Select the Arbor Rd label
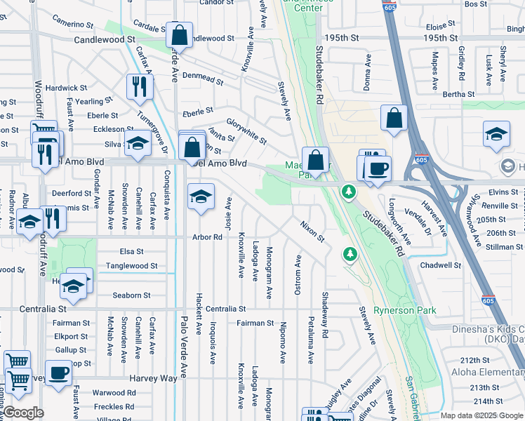click(207, 237)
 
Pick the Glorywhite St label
click(246, 130)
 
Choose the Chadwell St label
click(439, 265)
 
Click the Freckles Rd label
click(114, 406)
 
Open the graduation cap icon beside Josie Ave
click(201, 196)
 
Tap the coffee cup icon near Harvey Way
click(58, 372)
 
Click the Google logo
click(24, 413)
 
